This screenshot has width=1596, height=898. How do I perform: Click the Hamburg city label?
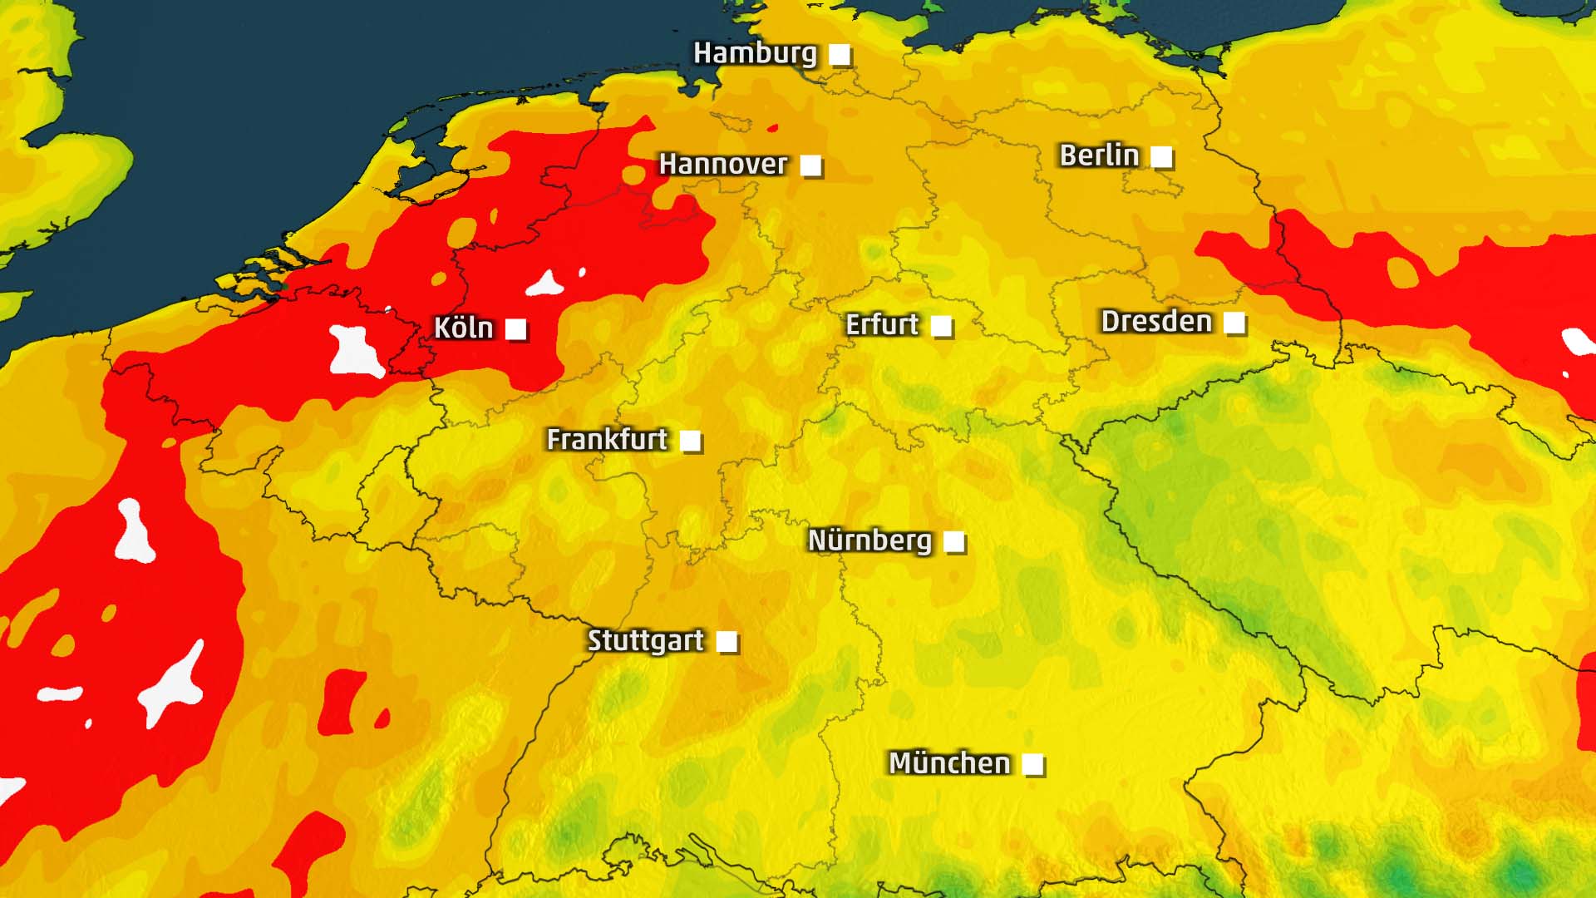click(755, 53)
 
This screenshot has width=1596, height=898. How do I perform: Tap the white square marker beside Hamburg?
click(840, 54)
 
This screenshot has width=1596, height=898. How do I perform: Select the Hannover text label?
click(722, 164)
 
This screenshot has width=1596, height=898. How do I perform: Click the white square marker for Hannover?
click(810, 165)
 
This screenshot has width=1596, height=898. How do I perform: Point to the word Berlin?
click(1099, 155)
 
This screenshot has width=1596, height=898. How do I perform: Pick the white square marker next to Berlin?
click(1161, 156)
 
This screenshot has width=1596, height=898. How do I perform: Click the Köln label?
click(464, 328)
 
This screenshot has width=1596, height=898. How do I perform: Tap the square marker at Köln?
click(516, 329)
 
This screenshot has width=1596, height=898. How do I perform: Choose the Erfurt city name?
click(882, 324)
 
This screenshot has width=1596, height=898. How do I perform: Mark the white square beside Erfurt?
click(941, 325)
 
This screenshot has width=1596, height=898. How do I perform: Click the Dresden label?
click(1156, 322)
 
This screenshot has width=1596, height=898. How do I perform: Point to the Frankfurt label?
click(607, 439)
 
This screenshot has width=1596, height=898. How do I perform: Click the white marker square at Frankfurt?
click(691, 441)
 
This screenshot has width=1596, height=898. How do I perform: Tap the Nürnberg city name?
click(869, 540)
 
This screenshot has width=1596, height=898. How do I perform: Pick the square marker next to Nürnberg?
click(954, 542)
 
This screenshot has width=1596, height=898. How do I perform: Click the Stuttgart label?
click(646, 640)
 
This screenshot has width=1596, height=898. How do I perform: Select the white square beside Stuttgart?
click(727, 641)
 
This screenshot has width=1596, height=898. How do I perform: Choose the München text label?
click(949, 762)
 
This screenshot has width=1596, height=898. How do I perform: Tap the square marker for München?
click(1033, 764)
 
